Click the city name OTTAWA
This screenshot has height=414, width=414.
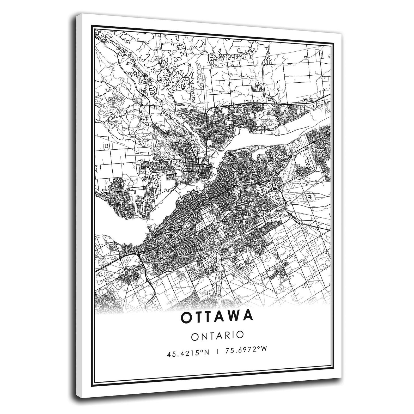point(217,316)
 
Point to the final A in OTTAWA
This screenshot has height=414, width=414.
point(247,316)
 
